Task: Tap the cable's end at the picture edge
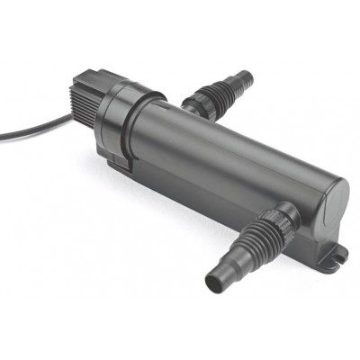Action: pos(2,137)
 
